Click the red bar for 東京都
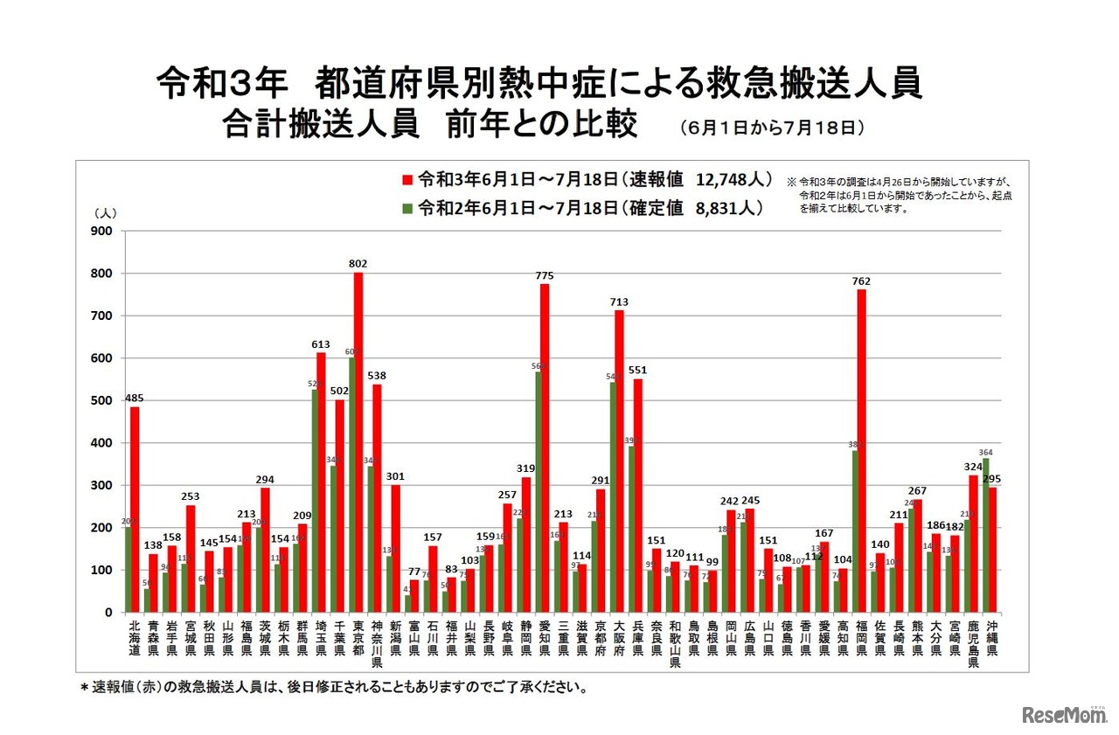coord(358,442)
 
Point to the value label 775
coord(545,276)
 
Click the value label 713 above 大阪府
coord(620,302)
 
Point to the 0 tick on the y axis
coord(108,613)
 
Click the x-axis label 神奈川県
coord(377,645)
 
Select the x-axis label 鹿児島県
coord(973,645)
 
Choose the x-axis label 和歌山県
coord(675,645)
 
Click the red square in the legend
coord(407,180)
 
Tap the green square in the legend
coord(407,208)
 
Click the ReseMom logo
coord(1063,714)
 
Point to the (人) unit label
coord(104,212)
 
